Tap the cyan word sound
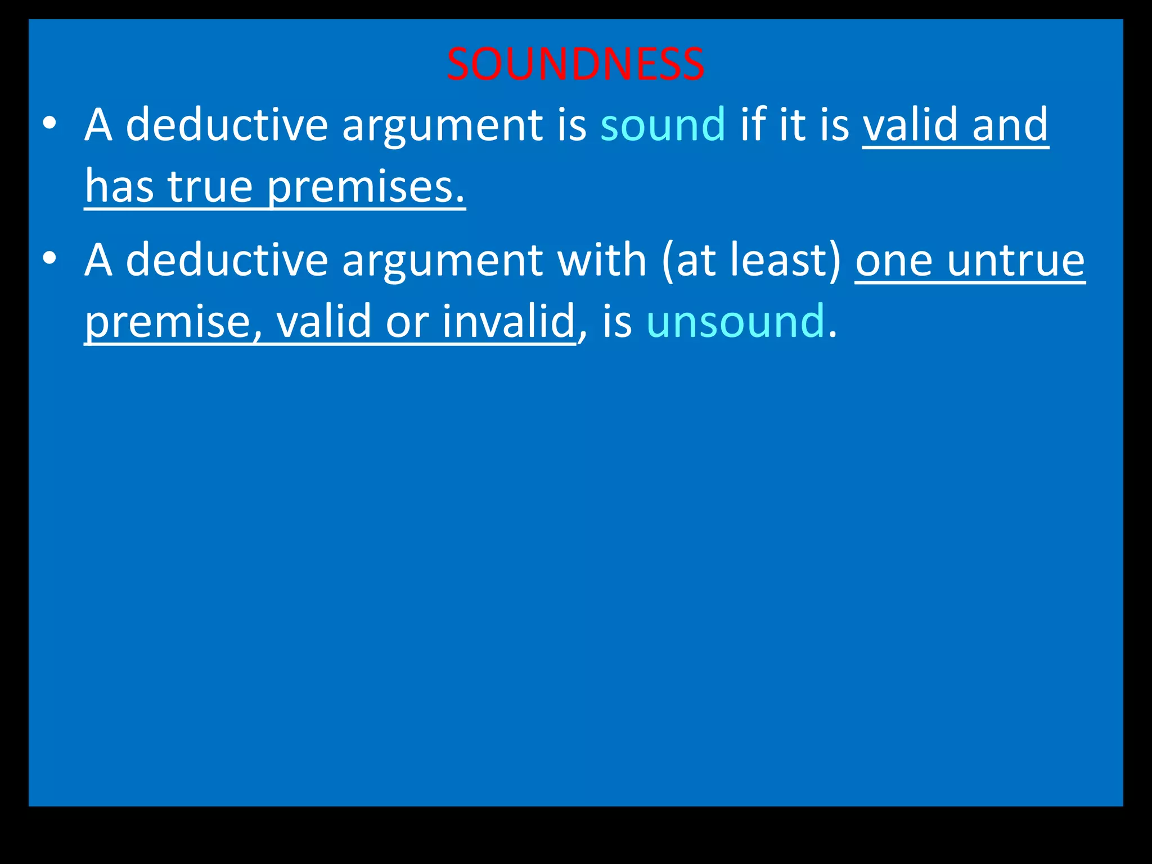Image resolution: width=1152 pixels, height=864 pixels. pyautogui.click(x=663, y=124)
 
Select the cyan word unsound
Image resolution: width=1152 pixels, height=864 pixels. pyautogui.click(x=736, y=321)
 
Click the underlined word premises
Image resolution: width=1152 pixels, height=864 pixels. pyautogui.click(x=366, y=187)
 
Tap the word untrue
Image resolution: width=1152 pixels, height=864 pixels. pyautogui.click(x=1016, y=260)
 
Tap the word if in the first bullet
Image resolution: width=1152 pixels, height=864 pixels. pyautogui.click(x=752, y=124)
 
